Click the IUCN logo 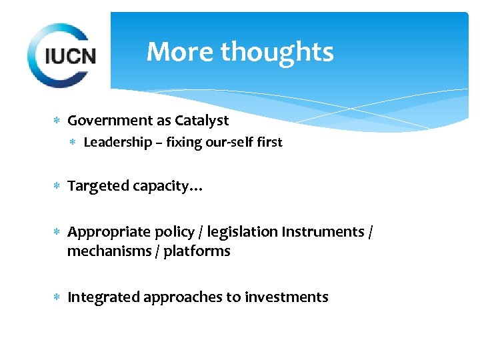click(61, 55)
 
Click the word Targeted click(98, 186)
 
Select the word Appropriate click(109, 232)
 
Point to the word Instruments click(323, 232)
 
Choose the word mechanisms click(107, 251)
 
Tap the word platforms click(197, 251)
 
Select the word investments click(286, 297)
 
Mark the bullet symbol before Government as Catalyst click(57, 121)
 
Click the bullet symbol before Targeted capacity click(57, 187)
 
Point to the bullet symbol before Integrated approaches click(57, 298)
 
